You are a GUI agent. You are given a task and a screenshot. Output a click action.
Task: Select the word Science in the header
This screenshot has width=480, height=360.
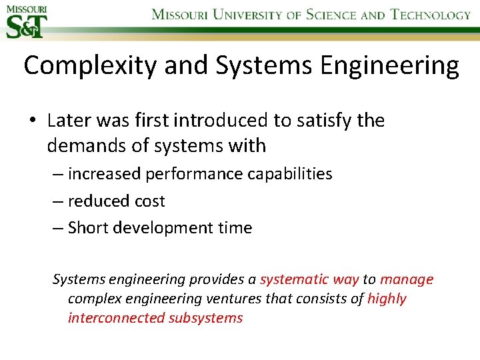[x=331, y=15]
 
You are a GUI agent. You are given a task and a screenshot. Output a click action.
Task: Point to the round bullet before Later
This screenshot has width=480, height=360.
[x=32, y=121]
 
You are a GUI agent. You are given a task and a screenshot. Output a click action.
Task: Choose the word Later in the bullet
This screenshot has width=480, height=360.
[x=69, y=120]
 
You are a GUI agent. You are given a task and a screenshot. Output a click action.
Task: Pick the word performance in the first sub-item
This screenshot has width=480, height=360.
[x=193, y=174]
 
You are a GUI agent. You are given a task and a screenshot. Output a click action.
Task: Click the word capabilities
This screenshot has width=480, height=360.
[x=290, y=174]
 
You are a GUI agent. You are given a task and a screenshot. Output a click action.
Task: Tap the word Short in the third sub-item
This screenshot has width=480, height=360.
[x=89, y=227]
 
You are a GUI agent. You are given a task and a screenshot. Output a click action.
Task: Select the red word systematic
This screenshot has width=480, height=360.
[x=299, y=279]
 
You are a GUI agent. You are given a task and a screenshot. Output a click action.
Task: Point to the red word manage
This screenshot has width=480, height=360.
[x=407, y=279]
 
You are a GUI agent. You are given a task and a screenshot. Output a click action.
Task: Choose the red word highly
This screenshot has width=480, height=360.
[x=387, y=299]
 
